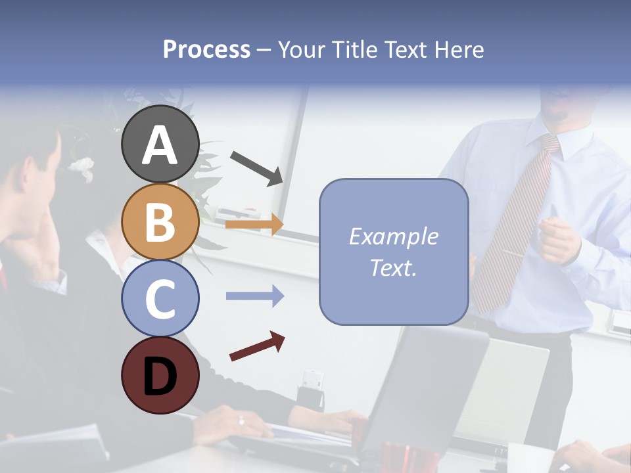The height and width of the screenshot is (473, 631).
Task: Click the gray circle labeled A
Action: point(160,144)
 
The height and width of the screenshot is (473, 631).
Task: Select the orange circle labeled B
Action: point(160,221)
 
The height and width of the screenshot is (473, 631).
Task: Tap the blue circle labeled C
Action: point(160,298)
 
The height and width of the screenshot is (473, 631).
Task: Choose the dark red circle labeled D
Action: point(160,375)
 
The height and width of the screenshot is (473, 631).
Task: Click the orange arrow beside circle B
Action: point(254,225)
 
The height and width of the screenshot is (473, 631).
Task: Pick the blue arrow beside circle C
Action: point(254,296)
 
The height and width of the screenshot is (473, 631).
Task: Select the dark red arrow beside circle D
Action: point(257,346)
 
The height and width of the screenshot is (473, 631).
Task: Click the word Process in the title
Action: point(206,50)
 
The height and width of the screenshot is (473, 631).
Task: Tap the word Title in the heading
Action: point(356,50)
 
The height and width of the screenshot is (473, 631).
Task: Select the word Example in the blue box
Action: point(393,236)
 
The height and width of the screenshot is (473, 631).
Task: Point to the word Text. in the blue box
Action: point(393,267)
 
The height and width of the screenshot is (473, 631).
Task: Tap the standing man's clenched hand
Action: point(558,240)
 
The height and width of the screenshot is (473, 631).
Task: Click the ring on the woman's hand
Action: point(241,420)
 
